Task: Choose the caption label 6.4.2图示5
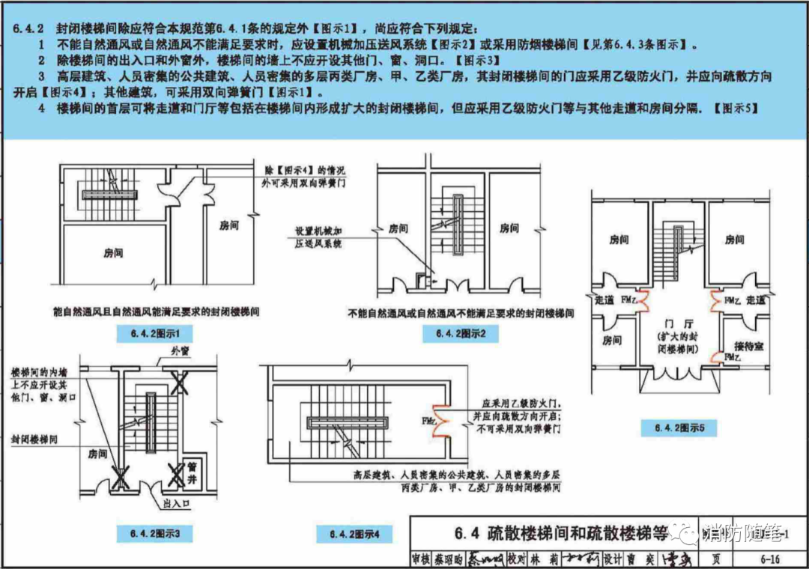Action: [x=679, y=428]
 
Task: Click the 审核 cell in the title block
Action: [x=420, y=559]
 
